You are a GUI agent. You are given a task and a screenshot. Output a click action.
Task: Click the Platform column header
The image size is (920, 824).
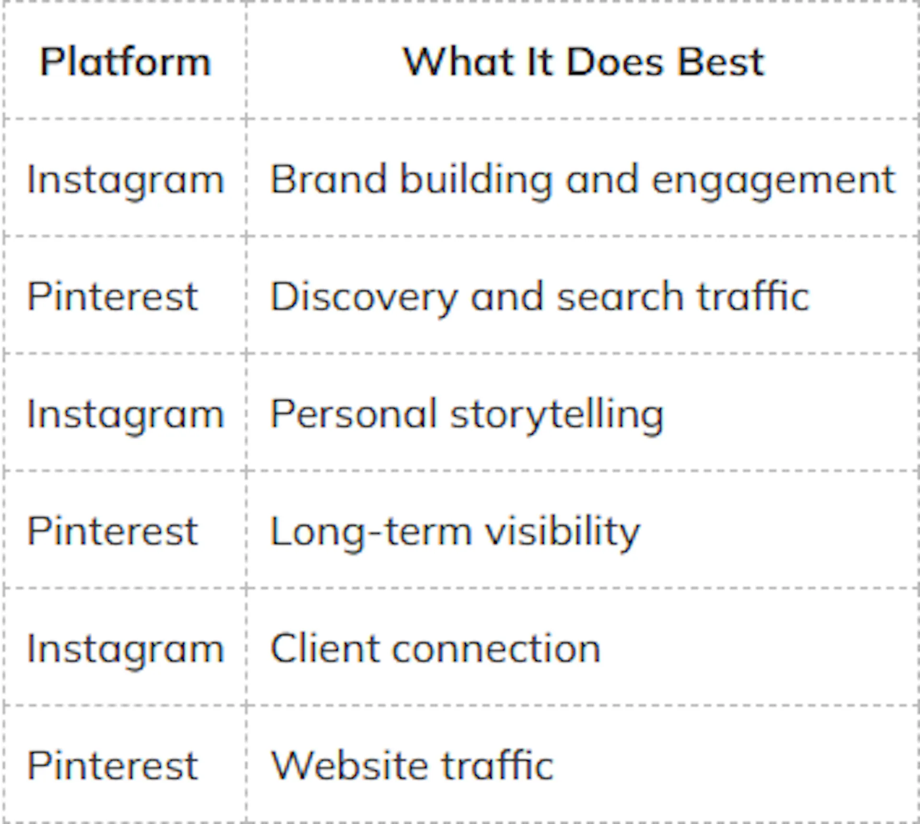(125, 62)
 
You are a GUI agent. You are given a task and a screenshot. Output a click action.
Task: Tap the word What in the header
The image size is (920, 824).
(458, 62)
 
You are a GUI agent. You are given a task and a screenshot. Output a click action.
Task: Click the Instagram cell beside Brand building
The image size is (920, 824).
(126, 180)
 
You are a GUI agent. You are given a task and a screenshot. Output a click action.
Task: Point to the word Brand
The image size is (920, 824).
(328, 179)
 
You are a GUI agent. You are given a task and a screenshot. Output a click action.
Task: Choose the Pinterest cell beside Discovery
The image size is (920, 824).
(113, 297)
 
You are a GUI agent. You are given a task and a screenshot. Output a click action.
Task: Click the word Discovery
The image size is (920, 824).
(364, 298)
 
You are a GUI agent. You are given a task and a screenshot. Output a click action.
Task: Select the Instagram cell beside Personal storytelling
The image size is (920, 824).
(126, 414)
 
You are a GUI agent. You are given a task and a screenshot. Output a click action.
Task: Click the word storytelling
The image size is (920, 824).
(557, 415)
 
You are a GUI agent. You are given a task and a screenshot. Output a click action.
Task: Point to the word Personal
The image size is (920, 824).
(354, 414)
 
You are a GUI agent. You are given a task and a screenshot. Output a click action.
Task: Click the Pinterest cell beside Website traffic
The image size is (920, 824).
(113, 766)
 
